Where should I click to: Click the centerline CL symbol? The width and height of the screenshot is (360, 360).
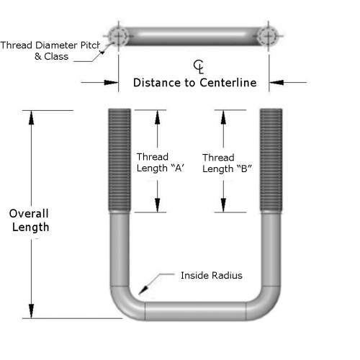pyautogui.click(x=199, y=66)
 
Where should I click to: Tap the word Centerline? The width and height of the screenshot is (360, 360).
pyautogui.click(x=228, y=83)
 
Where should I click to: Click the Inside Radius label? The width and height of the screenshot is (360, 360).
pyautogui.click(x=212, y=276)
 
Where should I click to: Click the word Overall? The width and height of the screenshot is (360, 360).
pyautogui.click(x=29, y=213)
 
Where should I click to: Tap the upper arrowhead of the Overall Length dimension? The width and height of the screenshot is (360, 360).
pyautogui.click(x=31, y=117)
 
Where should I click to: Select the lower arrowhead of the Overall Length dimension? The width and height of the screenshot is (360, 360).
pyautogui.click(x=31, y=311)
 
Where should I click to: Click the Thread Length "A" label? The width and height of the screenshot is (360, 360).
pyautogui.click(x=161, y=163)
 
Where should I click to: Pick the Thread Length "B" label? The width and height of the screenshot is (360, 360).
pyautogui.click(x=227, y=163)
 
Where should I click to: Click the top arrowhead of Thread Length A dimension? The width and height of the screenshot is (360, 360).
pyautogui.click(x=158, y=117)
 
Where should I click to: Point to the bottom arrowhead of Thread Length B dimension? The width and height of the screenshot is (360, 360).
pyautogui.click(x=223, y=205)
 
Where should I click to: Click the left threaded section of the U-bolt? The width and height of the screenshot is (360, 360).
pyautogui.click(x=120, y=160)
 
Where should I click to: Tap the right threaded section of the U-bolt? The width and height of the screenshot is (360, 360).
pyautogui.click(x=271, y=160)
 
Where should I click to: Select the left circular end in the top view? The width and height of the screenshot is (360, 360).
pyautogui.click(x=118, y=36)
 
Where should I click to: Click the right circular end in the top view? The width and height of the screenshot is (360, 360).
pyautogui.click(x=269, y=36)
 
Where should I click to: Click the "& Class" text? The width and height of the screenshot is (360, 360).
pyautogui.click(x=51, y=56)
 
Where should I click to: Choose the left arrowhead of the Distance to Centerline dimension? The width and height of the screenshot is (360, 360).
pyautogui.click(x=111, y=83)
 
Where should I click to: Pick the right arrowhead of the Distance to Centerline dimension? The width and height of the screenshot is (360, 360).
pyautogui.click(x=276, y=83)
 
